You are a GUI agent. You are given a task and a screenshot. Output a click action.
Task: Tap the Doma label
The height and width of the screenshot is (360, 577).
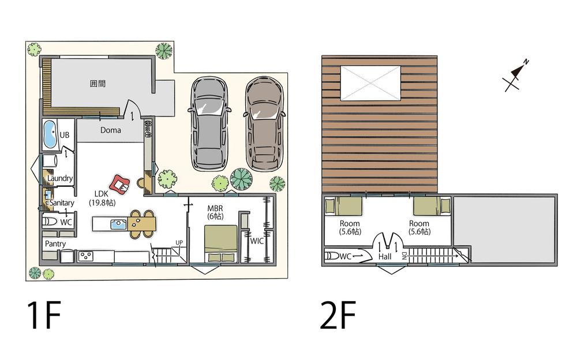click(110, 130)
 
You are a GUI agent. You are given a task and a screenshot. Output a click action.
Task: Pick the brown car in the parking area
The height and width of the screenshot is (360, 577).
click(264, 123)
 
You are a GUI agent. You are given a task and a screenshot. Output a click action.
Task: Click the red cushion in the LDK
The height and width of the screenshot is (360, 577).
click(119, 183)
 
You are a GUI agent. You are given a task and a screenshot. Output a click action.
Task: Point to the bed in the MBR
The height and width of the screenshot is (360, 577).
click(220, 243)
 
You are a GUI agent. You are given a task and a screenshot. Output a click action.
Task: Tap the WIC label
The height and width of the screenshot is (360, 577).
click(257, 241)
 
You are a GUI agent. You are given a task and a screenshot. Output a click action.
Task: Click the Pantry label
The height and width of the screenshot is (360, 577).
click(55, 243)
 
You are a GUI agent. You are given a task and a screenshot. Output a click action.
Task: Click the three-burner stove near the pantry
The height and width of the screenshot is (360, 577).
click(86, 256)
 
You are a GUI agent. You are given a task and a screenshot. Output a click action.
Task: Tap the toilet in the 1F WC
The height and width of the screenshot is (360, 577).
click(50, 222)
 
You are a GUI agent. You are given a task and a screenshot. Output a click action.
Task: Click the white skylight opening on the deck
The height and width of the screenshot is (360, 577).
click(370, 83)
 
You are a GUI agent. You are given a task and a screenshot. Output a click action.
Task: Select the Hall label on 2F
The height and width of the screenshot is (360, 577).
click(385, 257)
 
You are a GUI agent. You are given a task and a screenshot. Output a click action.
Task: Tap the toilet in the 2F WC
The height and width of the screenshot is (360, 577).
click(332, 256)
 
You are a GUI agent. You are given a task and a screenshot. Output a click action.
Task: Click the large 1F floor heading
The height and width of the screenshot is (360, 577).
click(44, 315)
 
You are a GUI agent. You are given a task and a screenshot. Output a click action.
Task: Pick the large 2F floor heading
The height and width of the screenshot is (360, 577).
click(338, 315)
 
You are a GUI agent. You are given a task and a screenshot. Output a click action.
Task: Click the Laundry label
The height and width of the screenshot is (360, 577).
click(60, 178)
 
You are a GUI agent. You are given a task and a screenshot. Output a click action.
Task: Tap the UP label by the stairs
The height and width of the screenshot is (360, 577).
click(179, 242)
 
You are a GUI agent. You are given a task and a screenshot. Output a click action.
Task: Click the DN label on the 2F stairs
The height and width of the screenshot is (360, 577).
click(404, 256)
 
